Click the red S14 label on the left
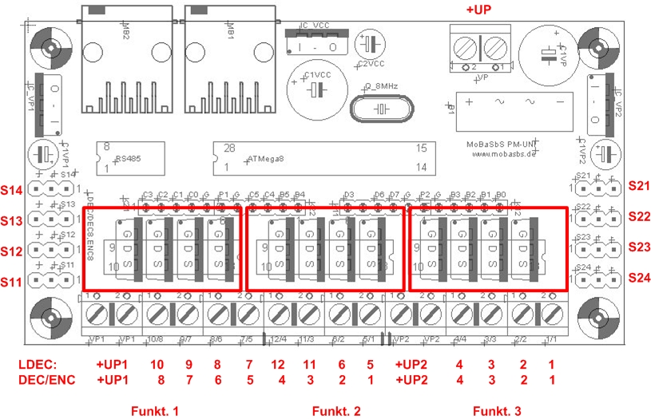coord(14,190)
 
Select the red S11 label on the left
coord(14,281)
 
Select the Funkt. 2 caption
coord(335,410)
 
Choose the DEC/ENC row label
coord(46,380)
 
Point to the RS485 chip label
coord(129,159)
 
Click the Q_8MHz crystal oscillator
coord(381,107)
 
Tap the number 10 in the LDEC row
coord(157,365)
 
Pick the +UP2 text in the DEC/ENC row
coord(412,380)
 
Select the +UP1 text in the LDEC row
coord(113,365)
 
